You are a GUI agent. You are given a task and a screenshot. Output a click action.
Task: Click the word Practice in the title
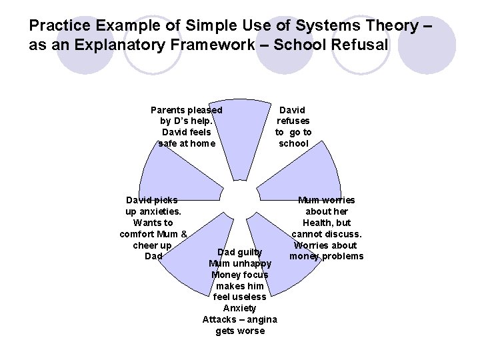[x=62, y=27]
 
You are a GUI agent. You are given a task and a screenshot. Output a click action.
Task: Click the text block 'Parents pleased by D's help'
[x=187, y=126]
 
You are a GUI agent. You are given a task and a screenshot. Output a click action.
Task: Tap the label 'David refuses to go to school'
[x=293, y=126]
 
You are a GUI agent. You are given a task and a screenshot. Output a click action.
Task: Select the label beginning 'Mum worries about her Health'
[x=327, y=228]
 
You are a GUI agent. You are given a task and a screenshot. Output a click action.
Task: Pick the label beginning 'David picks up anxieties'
[x=153, y=228]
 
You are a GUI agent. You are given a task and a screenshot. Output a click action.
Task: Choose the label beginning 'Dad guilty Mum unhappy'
[x=240, y=291]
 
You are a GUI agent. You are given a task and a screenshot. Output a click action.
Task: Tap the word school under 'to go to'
[x=293, y=143]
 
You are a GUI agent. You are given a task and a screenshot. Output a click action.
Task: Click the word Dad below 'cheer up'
[x=153, y=256]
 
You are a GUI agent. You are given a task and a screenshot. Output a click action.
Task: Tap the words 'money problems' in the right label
[x=327, y=257]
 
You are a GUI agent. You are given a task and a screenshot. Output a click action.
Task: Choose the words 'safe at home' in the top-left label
[x=187, y=143]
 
